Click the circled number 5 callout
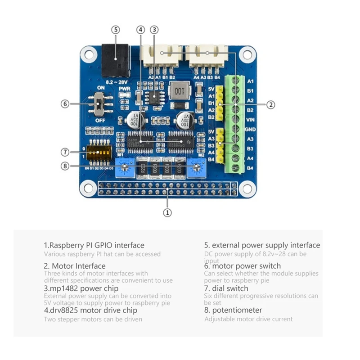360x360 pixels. tap(116, 30)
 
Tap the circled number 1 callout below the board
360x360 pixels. tap(167, 212)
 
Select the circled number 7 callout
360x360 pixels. tap(65, 151)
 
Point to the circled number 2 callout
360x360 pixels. tap(270, 104)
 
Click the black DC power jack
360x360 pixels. tap(114, 60)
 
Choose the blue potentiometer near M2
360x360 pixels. tap(195, 168)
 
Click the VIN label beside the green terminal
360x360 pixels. tap(251, 120)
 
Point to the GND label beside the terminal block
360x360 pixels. tap(251, 129)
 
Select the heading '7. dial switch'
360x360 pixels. tap(226, 288)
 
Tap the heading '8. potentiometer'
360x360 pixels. tap(233, 310)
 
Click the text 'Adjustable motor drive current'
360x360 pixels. tap(248, 319)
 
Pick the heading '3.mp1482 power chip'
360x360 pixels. tap(81, 288)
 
